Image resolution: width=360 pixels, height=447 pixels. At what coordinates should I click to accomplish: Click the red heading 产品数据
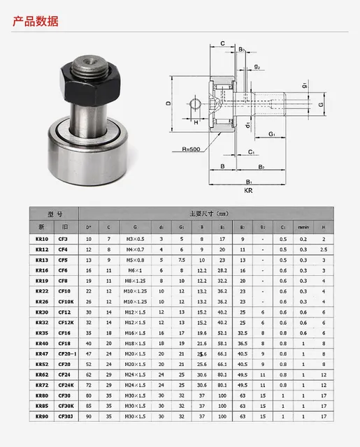click(x=36, y=20)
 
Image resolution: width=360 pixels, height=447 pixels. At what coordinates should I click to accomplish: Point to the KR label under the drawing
click(x=248, y=189)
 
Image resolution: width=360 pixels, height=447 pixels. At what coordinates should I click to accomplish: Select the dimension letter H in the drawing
click(x=196, y=121)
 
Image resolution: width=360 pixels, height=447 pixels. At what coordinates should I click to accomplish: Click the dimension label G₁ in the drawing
click(x=271, y=133)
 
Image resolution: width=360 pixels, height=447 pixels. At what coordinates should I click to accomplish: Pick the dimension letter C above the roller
click(x=222, y=43)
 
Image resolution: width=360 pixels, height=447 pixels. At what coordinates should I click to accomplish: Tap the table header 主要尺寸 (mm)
click(x=209, y=214)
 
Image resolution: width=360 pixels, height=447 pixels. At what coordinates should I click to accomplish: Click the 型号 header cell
click(x=55, y=214)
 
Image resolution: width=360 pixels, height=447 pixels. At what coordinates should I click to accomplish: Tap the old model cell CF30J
click(x=64, y=418)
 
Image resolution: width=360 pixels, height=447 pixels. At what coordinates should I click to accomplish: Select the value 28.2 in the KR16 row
click(x=223, y=270)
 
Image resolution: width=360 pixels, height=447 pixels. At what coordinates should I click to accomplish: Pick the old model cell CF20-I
click(x=66, y=355)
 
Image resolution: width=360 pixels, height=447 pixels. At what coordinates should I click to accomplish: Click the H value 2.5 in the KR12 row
click(x=323, y=249)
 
